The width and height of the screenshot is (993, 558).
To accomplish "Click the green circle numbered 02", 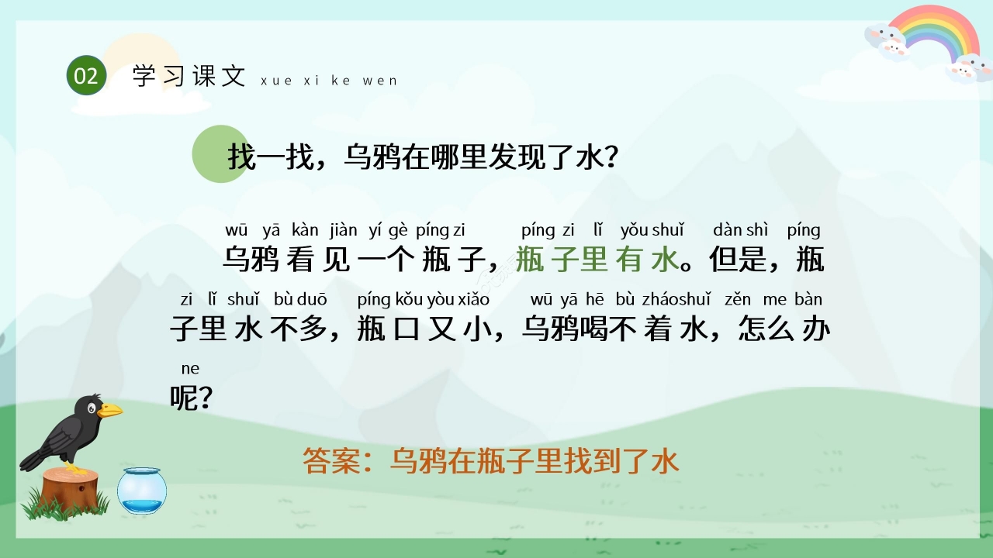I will (x=86, y=76).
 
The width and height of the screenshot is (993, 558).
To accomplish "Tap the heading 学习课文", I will (x=189, y=76).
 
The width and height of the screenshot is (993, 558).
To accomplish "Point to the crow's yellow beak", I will (x=109, y=410).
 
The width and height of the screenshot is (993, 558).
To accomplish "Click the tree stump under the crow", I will (x=71, y=488).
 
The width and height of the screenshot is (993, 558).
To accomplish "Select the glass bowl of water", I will (x=142, y=491).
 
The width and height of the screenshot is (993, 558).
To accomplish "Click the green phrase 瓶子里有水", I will (x=597, y=260).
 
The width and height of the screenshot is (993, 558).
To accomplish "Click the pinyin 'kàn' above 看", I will (x=305, y=230).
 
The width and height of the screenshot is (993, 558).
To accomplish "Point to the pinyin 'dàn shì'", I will (x=740, y=230).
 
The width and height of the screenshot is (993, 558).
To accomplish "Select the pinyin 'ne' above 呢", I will (x=190, y=368).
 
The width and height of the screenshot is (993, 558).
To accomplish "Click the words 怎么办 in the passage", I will (x=784, y=329).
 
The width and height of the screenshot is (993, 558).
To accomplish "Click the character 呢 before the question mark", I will (x=183, y=398).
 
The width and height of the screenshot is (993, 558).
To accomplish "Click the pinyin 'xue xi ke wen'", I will (x=329, y=81).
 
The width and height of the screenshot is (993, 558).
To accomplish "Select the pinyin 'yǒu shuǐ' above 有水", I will (x=652, y=230).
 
